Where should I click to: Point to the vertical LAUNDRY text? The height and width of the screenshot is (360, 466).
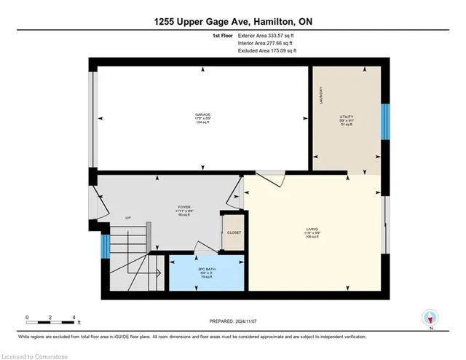point(320,98)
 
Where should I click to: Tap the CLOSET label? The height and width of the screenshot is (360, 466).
point(234,232)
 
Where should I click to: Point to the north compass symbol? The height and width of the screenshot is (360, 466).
point(430,318)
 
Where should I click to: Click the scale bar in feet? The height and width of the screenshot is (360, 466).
point(51,318)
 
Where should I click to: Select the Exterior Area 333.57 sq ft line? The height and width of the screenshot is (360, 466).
point(268,34)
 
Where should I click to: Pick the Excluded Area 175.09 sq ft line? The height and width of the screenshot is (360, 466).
point(268,52)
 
